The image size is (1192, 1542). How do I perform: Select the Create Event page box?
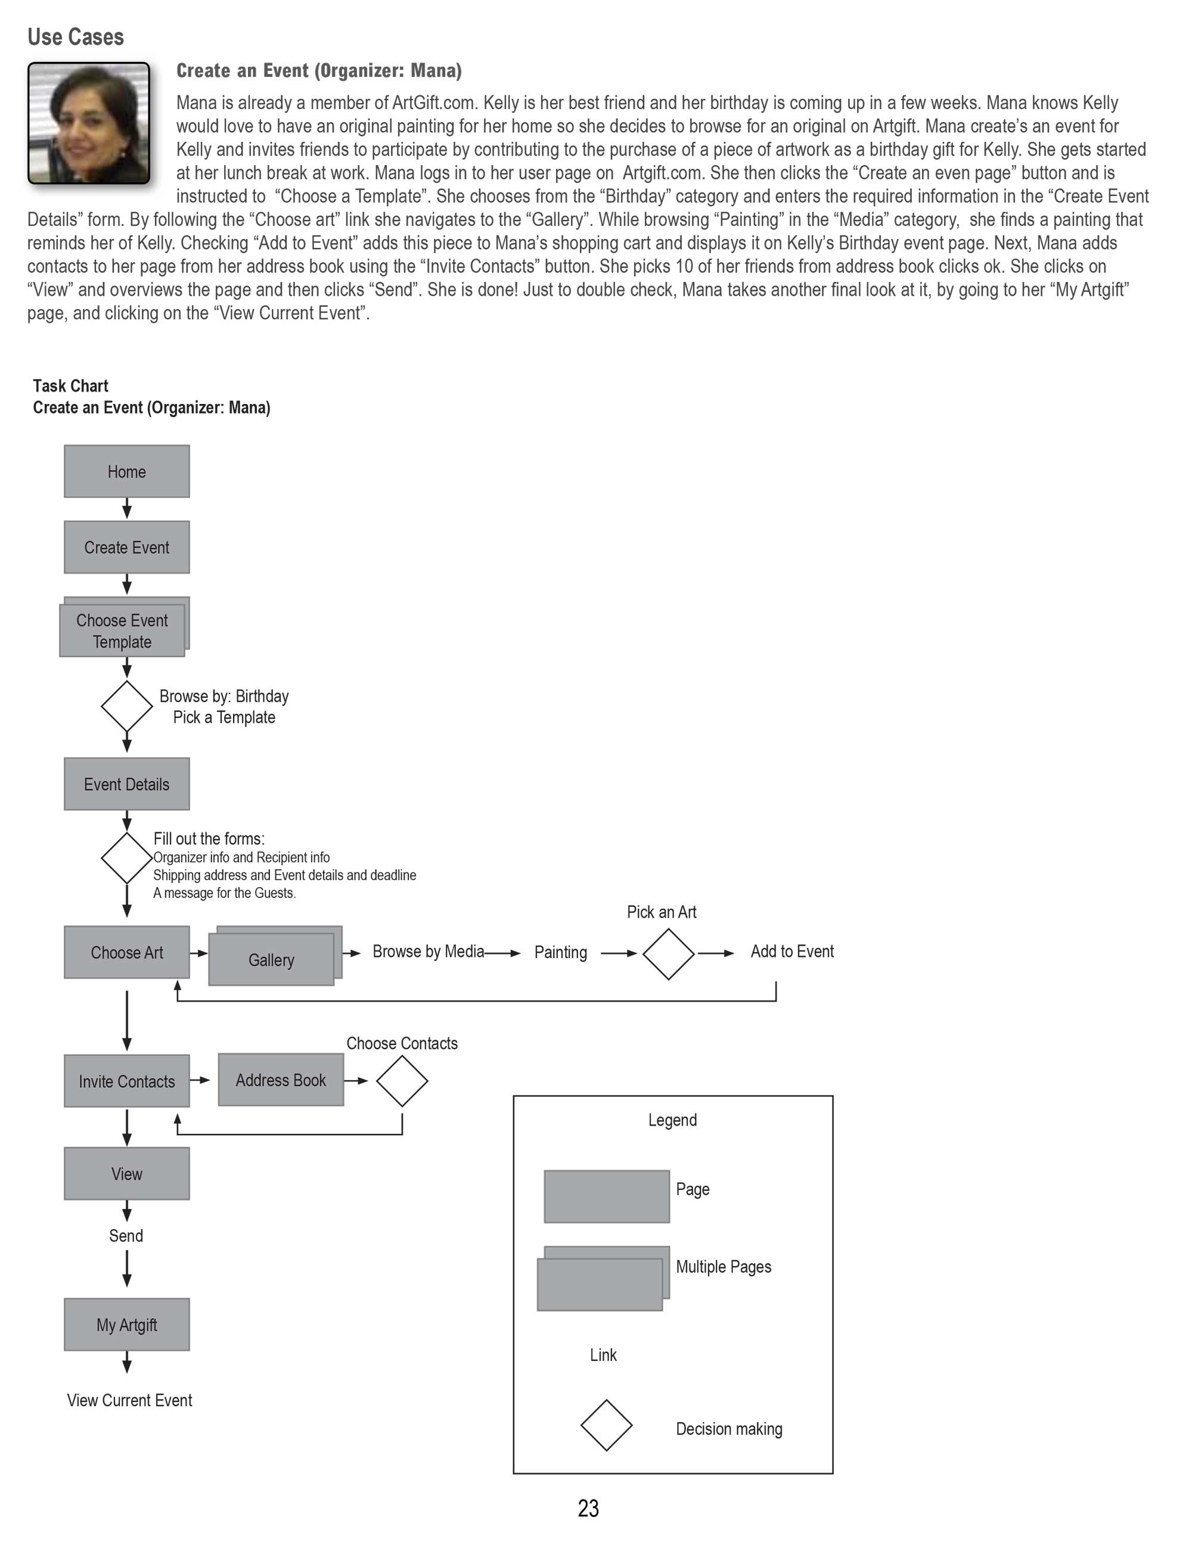[126, 547]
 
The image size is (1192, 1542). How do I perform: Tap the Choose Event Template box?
[122, 630]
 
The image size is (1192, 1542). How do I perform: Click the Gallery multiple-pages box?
[272, 959]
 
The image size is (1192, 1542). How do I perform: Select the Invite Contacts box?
[126, 1081]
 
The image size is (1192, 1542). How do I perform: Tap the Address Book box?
[280, 1080]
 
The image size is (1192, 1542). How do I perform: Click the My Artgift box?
[126, 1325]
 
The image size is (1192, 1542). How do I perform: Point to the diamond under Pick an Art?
[668, 954]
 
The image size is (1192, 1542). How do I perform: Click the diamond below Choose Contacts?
[402, 1080]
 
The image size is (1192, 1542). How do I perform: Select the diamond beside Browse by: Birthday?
[126, 706]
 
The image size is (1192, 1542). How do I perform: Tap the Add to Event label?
[791, 952]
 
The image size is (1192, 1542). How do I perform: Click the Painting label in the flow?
[560, 953]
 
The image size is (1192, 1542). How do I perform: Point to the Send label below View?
[126, 1236]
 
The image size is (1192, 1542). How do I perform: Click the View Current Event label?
[129, 1400]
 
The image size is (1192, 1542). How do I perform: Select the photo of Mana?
[89, 123]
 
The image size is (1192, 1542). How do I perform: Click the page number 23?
[588, 1508]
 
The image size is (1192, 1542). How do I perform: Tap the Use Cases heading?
[76, 37]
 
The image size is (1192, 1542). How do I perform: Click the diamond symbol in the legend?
[606, 1425]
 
